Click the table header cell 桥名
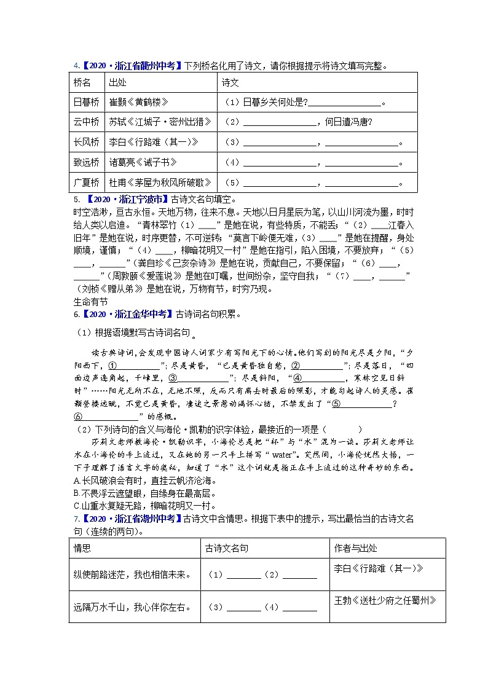(82, 82)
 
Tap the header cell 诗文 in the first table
(230, 82)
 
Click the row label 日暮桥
(86, 102)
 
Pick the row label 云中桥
(86, 122)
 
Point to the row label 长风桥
(86, 142)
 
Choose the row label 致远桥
(86, 162)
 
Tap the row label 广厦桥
(86, 182)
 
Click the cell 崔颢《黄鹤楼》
(138, 102)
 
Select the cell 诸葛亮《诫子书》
(143, 162)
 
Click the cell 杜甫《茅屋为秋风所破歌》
(160, 182)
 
